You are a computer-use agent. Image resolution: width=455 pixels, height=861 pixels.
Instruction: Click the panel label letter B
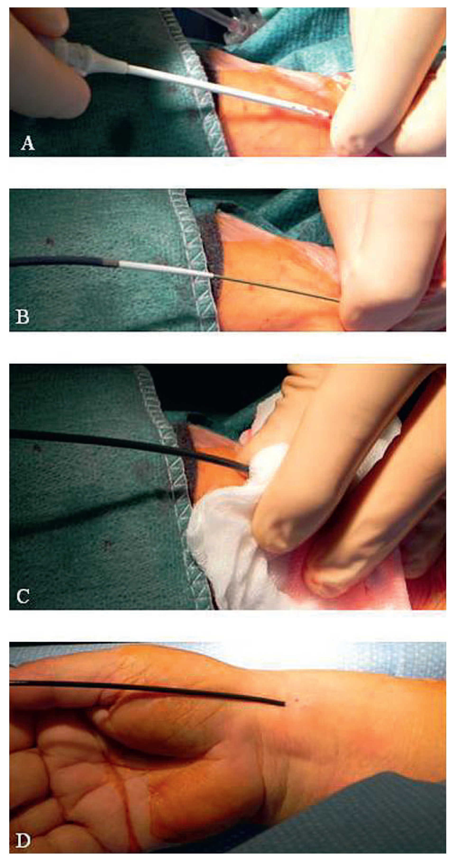(22, 317)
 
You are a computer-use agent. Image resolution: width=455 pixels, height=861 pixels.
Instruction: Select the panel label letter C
(23, 596)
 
